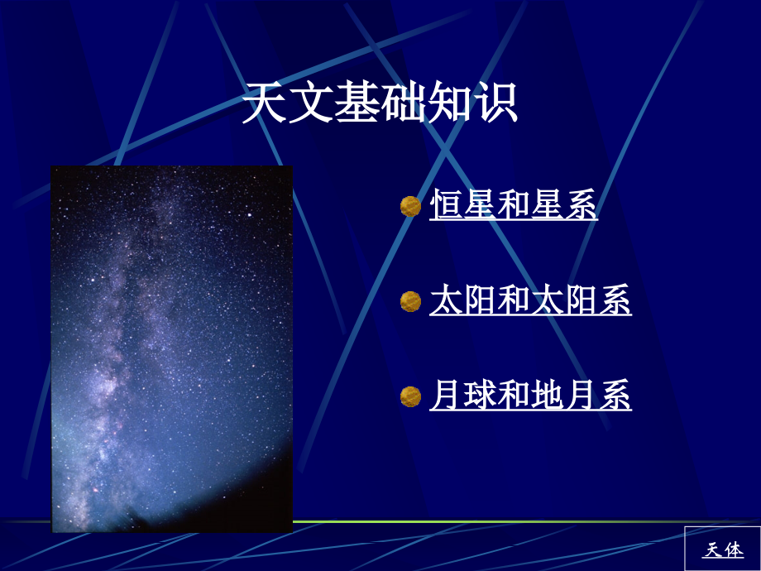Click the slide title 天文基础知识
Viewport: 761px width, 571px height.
coord(380,103)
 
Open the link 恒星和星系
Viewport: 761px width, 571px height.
coord(514,204)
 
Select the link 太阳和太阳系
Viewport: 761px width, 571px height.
coord(530,300)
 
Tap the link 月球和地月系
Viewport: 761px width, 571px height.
coord(530,395)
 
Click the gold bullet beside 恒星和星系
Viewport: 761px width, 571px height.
coord(410,206)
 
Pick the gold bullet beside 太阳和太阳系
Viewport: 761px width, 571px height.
coord(410,301)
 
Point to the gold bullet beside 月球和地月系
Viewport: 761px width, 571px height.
coord(410,396)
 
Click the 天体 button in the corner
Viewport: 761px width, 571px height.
coord(723,549)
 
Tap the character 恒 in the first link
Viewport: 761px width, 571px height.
coord(446,204)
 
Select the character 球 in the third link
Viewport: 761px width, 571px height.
coord(480,395)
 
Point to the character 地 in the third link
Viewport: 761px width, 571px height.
coord(547,395)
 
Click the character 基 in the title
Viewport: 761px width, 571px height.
coord(357,103)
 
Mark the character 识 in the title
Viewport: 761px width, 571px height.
coord(495,103)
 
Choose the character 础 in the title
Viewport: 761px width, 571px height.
coord(403,103)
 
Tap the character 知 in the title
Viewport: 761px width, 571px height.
coord(449,103)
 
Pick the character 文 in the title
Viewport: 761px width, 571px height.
coord(311,103)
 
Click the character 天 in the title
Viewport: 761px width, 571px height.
coord(265,103)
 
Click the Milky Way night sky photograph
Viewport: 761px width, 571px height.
coord(172,349)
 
